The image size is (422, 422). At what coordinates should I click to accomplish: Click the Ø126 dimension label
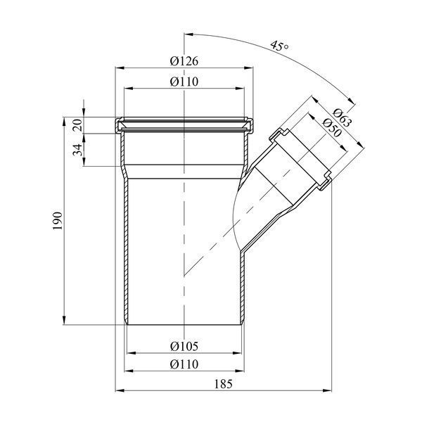click(x=184, y=61)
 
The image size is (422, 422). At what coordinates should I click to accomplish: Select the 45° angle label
click(x=280, y=46)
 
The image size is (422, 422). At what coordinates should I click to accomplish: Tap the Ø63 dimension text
click(x=342, y=117)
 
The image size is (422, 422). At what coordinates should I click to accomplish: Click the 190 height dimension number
click(x=58, y=221)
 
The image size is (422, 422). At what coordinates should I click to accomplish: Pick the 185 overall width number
click(x=223, y=384)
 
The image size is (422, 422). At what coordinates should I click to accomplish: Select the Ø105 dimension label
click(x=184, y=346)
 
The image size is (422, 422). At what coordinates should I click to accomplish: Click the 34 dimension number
click(x=78, y=150)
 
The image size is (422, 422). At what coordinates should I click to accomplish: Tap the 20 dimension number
click(x=78, y=125)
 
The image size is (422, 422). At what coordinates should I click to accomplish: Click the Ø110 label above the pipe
click(x=184, y=82)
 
